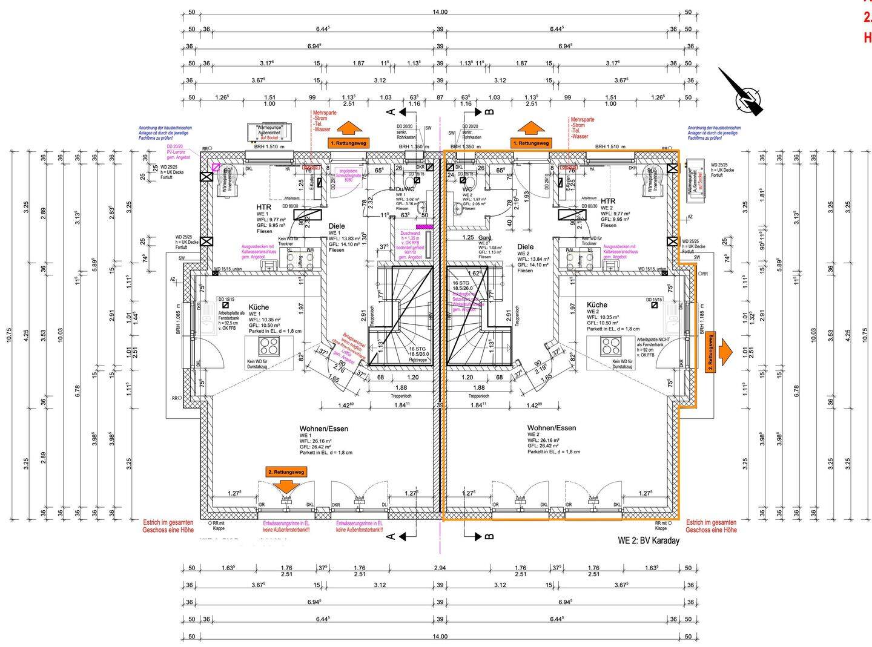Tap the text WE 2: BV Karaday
click(x=648, y=540)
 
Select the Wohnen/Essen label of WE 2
click(x=551, y=428)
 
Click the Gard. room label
click(x=484, y=238)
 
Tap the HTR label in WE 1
click(x=263, y=207)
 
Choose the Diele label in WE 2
click(x=525, y=246)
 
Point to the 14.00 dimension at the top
click(x=440, y=12)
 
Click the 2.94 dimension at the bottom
click(x=440, y=568)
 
